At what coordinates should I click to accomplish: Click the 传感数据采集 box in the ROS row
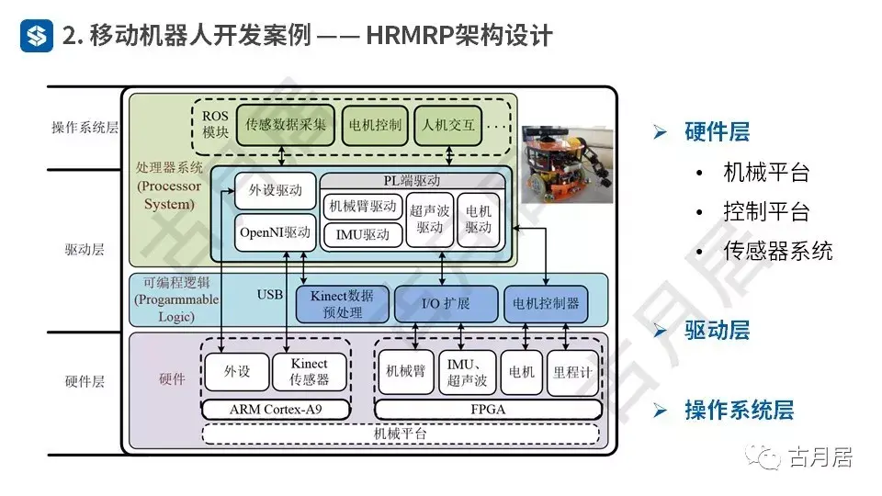[285, 125]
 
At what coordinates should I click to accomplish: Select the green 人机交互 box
[448, 125]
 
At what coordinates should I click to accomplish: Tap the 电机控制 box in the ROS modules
[376, 125]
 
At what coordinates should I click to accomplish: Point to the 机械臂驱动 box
[363, 206]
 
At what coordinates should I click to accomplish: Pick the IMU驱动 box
[363, 234]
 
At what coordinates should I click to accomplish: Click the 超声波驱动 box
[430, 220]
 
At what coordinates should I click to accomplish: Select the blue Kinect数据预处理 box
[342, 304]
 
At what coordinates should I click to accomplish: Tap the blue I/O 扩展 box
[445, 304]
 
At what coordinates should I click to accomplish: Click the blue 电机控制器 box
[548, 304]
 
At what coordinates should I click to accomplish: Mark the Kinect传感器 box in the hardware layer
[310, 372]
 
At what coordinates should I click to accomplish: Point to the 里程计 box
[572, 372]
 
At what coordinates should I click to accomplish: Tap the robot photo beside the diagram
[567, 163]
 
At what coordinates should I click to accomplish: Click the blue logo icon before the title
[38, 36]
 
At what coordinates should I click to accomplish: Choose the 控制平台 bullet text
[766, 212]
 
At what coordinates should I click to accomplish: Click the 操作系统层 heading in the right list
[739, 410]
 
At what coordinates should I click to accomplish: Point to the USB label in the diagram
[270, 295]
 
